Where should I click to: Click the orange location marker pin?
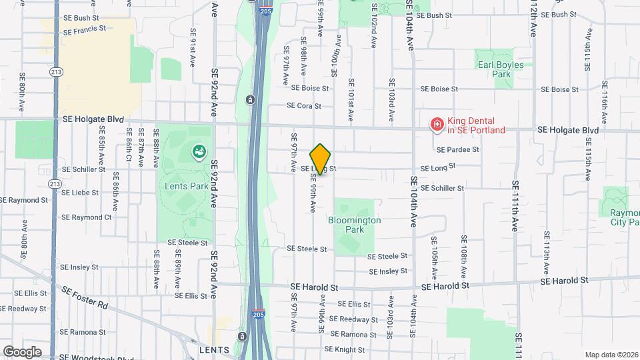pyautogui.click(x=321, y=159)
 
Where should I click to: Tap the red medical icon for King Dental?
pyautogui.click(x=437, y=125)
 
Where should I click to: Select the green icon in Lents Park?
pyautogui.click(x=199, y=153)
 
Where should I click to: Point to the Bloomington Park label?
pyautogui.click(x=354, y=224)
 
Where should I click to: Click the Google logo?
pyautogui.click(x=22, y=351)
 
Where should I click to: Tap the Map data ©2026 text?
pyautogui.click(x=611, y=355)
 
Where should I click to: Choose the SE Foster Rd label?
pyautogui.click(x=84, y=297)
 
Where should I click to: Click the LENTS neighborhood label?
pyautogui.click(x=214, y=349)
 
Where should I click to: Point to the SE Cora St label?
pyautogui.click(x=304, y=105)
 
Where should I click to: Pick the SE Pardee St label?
pyautogui.click(x=458, y=149)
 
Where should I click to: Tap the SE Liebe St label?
pyautogui.click(x=79, y=193)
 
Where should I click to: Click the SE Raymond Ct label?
pyautogui.click(x=86, y=217)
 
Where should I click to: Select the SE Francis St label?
pyautogui.click(x=83, y=29)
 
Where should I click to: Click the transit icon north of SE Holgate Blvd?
pyautogui.click(x=250, y=100)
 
